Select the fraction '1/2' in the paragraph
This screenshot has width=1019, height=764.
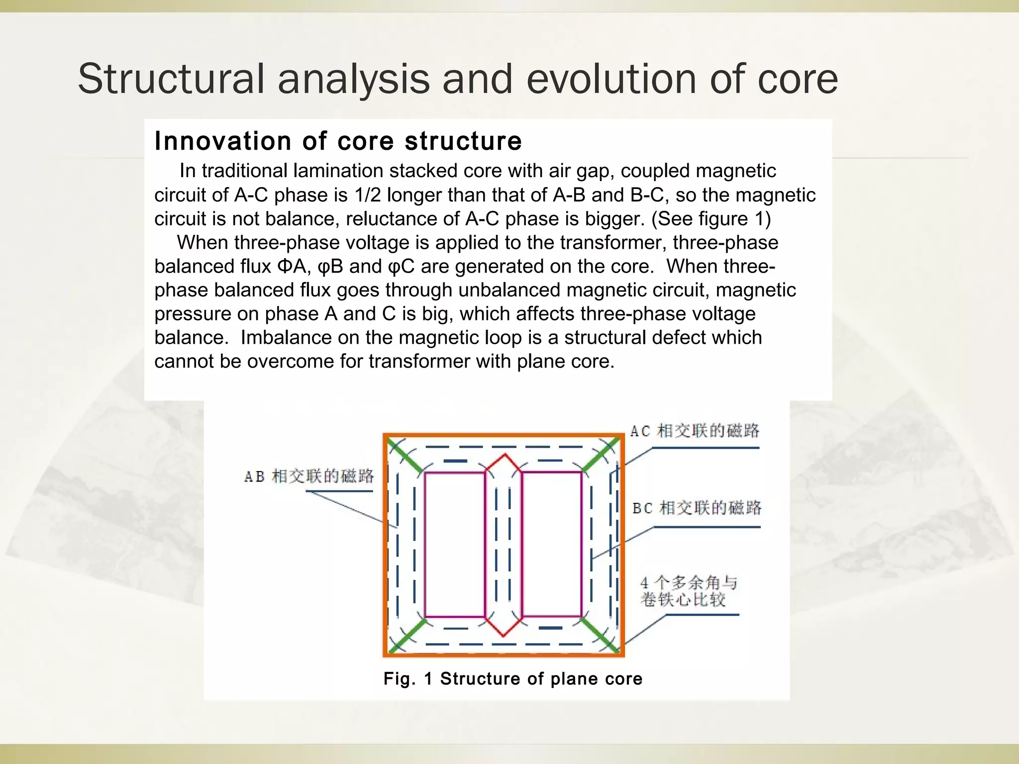click(x=367, y=195)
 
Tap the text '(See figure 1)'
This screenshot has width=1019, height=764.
click(x=711, y=219)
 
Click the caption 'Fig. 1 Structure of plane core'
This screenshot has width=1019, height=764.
click(x=512, y=678)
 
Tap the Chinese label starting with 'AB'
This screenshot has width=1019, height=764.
click(x=308, y=477)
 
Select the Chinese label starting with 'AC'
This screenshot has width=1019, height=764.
click(x=695, y=431)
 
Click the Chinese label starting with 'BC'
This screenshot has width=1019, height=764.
click(x=697, y=508)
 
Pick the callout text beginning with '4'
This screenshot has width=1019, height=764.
click(x=689, y=591)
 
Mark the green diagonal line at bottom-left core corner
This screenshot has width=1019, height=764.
click(x=408, y=635)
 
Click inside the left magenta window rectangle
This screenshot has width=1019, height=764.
click(x=455, y=545)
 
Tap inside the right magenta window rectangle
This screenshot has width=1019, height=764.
click(x=551, y=545)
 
